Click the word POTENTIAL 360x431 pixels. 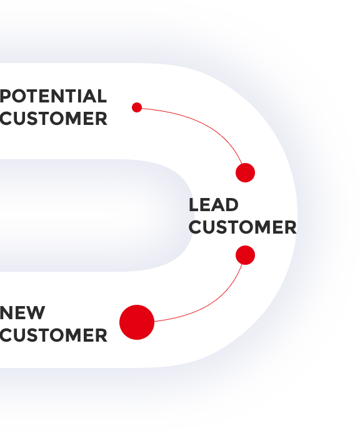point(53,96)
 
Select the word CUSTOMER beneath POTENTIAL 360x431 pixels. point(53,119)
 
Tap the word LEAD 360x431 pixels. point(213,205)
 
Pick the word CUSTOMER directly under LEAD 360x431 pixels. point(242,227)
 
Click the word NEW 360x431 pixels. point(22,312)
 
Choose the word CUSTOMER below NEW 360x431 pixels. point(53,335)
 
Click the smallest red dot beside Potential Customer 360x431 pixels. point(137,107)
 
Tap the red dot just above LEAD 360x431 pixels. point(246,172)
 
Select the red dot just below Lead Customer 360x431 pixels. point(246,255)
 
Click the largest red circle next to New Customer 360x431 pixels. point(137,322)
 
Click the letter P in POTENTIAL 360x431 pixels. point(5,96)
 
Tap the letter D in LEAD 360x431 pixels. point(232,205)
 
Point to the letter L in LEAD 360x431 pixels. point(194,205)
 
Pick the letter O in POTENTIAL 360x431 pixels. point(18,96)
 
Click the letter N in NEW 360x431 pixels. point(6,312)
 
